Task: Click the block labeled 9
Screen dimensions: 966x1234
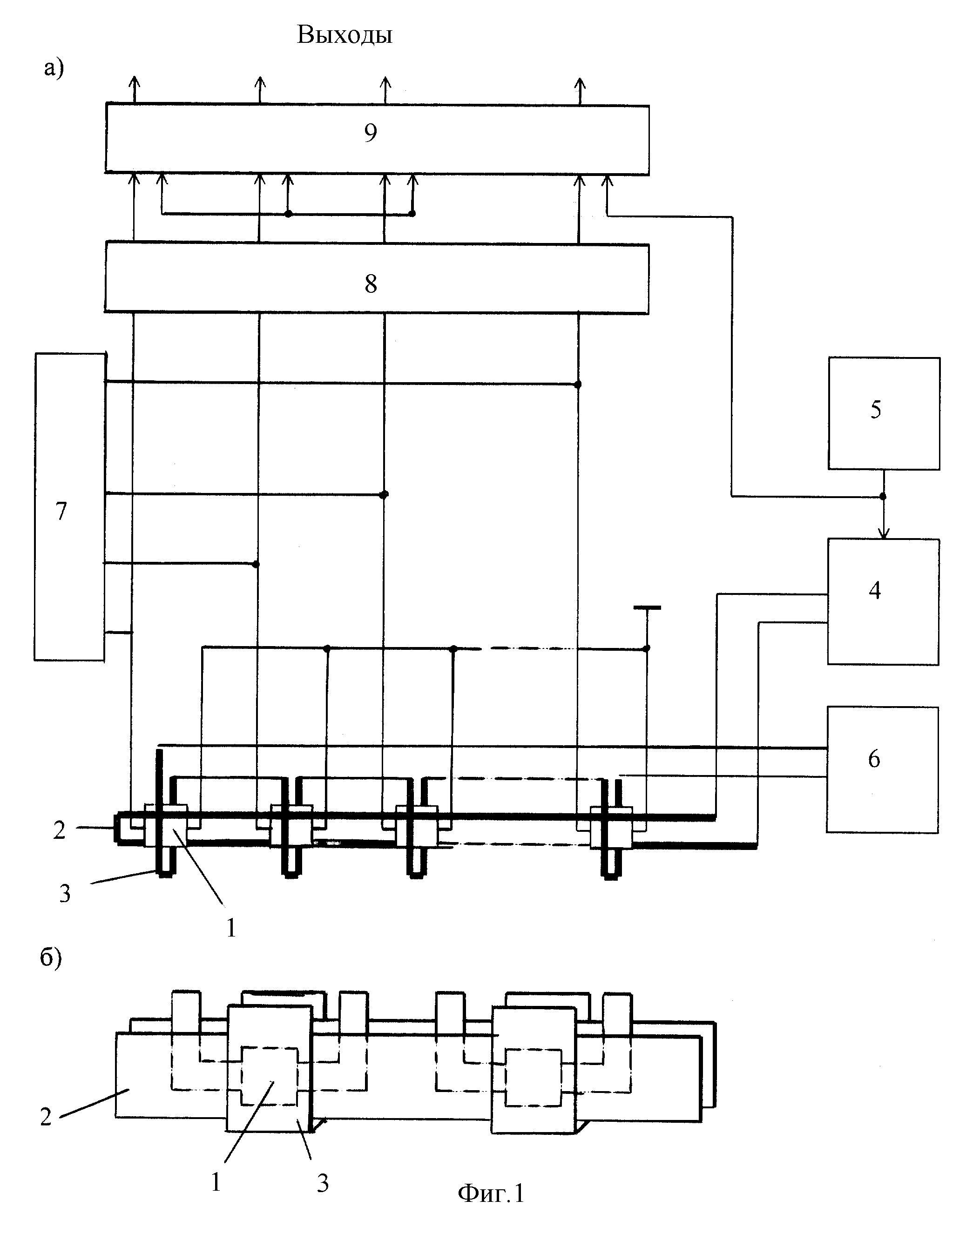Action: point(377,139)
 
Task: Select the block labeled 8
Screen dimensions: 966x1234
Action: point(377,278)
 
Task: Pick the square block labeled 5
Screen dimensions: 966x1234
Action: point(884,413)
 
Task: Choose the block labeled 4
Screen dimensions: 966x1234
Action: point(884,602)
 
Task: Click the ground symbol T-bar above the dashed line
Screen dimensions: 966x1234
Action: point(647,608)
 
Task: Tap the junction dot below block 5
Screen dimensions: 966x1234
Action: point(883,497)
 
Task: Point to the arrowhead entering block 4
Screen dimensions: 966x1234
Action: point(884,533)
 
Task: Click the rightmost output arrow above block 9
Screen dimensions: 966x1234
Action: point(580,90)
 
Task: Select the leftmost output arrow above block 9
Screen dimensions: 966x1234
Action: point(134,89)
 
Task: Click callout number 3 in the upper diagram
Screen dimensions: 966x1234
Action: point(65,894)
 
